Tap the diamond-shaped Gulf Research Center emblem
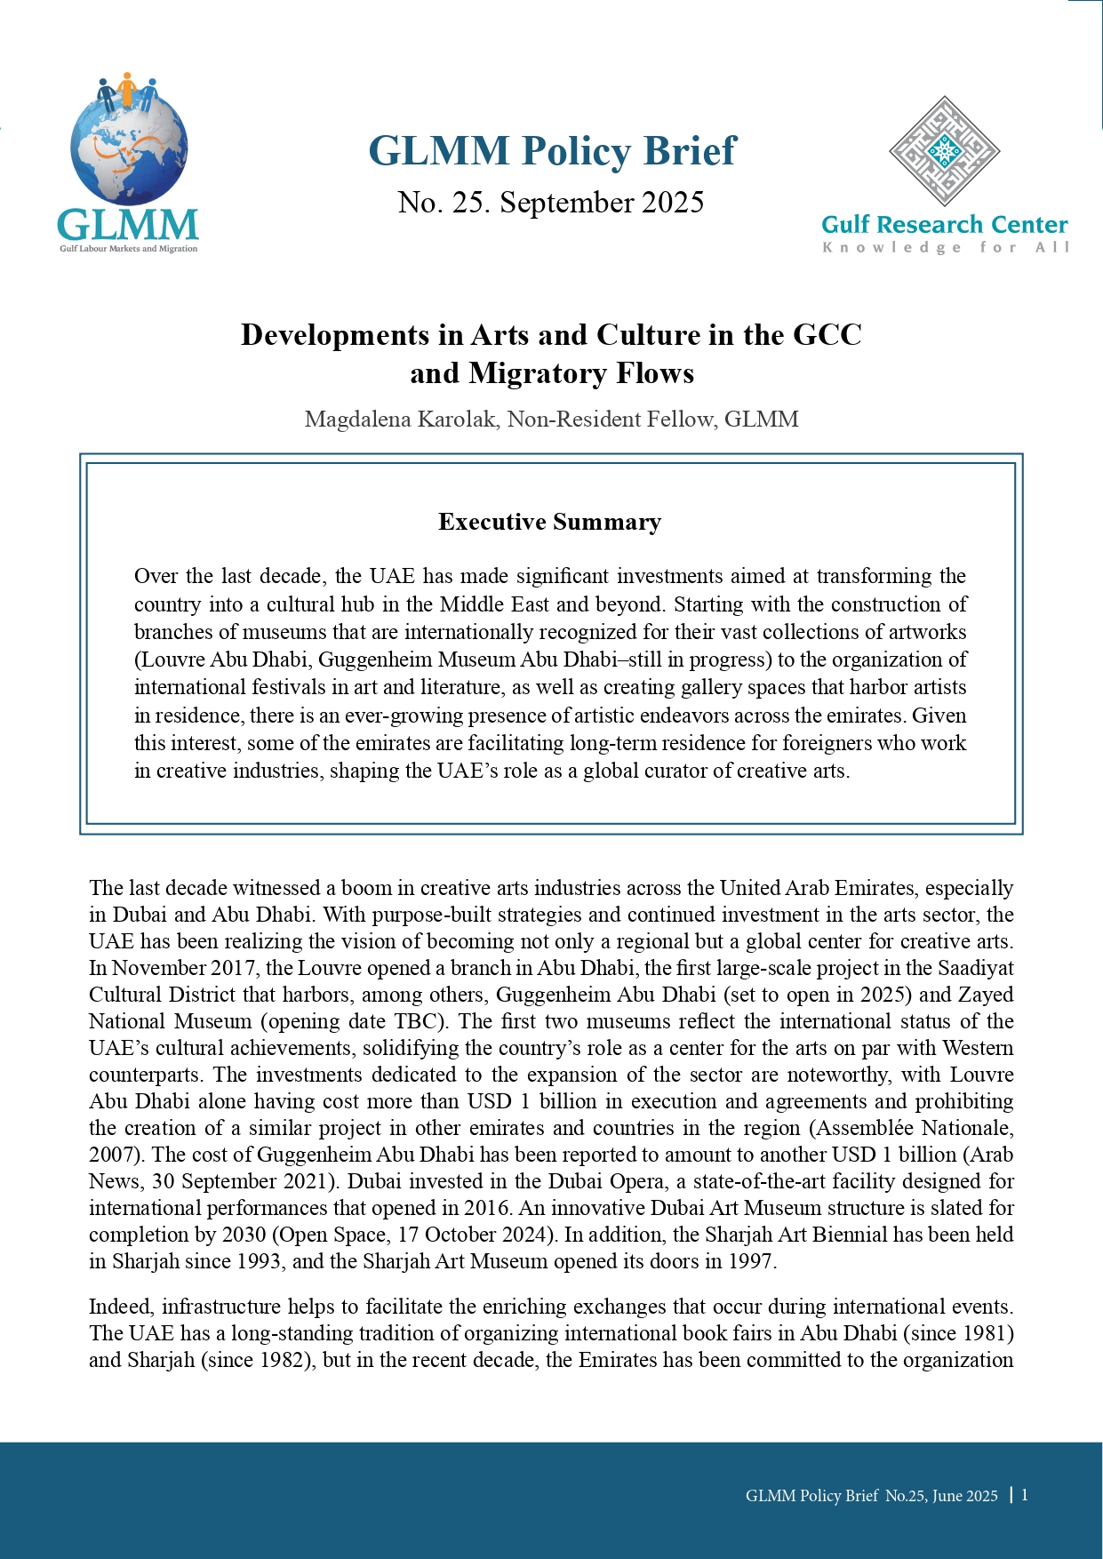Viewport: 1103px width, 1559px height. point(944,152)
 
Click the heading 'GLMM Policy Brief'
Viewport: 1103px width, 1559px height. point(552,151)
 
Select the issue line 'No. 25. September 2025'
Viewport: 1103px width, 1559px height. point(551,203)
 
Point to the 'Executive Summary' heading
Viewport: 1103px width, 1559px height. point(550,522)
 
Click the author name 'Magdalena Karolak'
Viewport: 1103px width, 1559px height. point(400,419)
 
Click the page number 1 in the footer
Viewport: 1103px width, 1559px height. point(1025,1495)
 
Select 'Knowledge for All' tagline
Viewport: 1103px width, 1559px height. point(946,247)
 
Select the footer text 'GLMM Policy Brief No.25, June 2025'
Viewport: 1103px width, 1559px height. point(871,1496)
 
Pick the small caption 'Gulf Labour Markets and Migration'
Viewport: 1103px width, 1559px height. point(129,249)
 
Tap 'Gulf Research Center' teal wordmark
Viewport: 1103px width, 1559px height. point(944,225)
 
